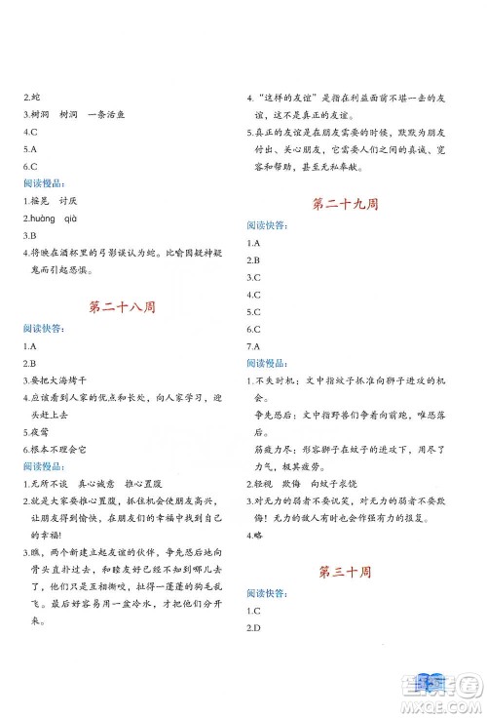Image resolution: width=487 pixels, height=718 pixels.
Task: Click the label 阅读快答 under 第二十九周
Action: [267, 225]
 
